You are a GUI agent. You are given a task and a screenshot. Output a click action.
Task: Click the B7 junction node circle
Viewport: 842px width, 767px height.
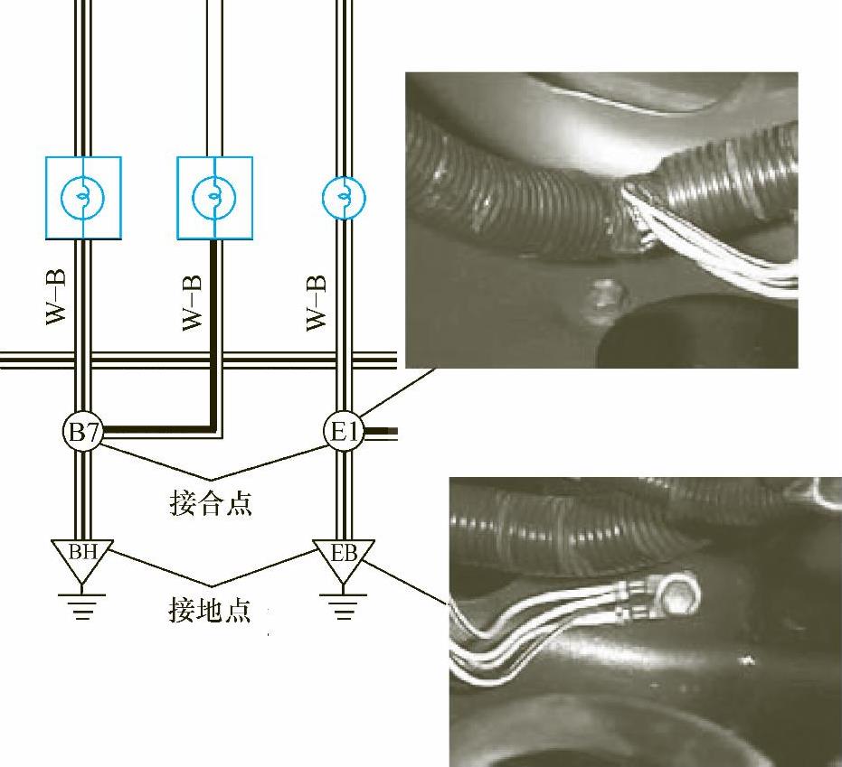(83, 433)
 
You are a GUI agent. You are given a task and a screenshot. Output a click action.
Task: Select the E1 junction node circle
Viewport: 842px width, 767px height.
(343, 433)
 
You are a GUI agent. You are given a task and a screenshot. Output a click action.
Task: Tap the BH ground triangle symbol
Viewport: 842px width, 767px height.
(83, 552)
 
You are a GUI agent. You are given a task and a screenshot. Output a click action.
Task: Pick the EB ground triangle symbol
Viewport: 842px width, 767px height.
(343, 554)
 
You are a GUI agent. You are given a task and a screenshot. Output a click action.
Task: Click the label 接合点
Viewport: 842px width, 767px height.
(210, 502)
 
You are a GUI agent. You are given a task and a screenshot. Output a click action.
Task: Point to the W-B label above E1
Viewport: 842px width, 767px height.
(316, 303)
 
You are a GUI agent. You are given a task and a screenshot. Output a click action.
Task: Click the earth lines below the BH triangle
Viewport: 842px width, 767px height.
(83, 602)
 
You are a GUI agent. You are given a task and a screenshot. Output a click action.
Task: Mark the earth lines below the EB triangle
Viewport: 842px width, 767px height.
(343, 602)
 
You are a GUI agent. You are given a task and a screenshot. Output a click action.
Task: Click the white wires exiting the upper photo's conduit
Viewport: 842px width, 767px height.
(742, 262)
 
